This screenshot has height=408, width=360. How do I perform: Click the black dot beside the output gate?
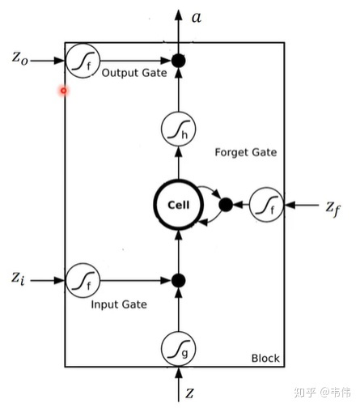(x=178, y=61)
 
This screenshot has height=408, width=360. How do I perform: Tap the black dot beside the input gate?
(x=178, y=280)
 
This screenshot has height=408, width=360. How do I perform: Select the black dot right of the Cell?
(x=226, y=205)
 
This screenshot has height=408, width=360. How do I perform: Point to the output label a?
(x=197, y=18)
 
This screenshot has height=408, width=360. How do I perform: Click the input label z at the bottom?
(x=189, y=393)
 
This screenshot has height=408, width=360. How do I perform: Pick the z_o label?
(x=19, y=58)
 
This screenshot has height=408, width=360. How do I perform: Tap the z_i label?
(x=18, y=278)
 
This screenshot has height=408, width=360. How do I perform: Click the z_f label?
(x=332, y=209)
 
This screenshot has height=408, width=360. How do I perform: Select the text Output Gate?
(x=134, y=73)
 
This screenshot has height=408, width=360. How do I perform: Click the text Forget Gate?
(x=246, y=152)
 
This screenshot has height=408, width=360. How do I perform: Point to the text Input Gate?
(x=119, y=304)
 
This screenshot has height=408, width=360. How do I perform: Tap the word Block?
(x=265, y=359)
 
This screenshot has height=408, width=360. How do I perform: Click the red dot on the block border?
(x=64, y=91)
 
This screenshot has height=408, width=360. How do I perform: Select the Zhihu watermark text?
(x=323, y=392)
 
